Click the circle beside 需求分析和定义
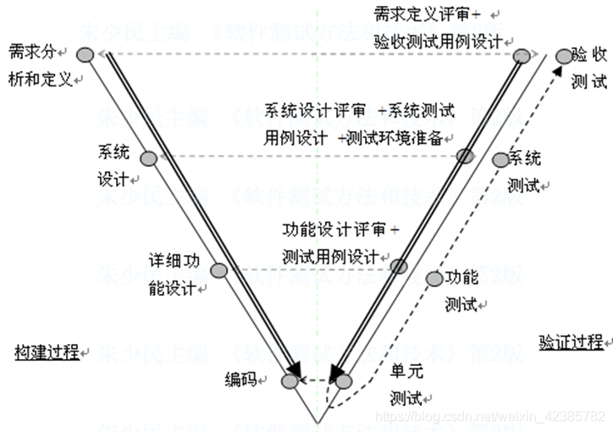point(84,54)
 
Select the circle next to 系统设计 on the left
point(147,158)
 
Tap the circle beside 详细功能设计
point(218,271)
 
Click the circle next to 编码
point(290,381)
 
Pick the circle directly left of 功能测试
point(434,278)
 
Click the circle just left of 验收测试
point(565,56)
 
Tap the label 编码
point(240,379)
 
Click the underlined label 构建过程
point(47,352)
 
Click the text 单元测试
point(406,384)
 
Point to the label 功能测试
point(462,290)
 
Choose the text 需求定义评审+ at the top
point(427,14)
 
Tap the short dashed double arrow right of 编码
point(317,381)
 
